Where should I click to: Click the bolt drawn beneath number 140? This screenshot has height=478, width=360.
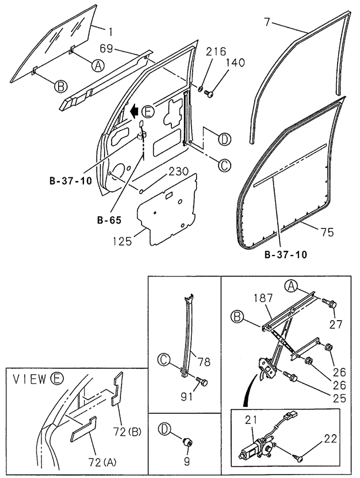pyautogui.click(x=211, y=92)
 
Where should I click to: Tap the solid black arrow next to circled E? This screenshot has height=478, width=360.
pyautogui.click(x=134, y=109)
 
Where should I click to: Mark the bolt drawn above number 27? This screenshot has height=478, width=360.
pyautogui.click(x=331, y=303)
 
